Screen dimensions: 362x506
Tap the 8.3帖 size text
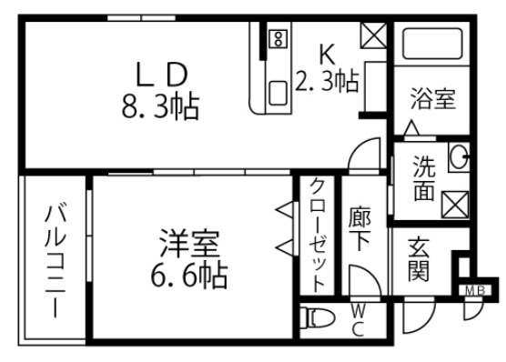tap(162, 107)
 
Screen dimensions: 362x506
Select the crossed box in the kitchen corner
tap(372, 35)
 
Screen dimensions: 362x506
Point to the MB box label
tap(474, 291)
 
